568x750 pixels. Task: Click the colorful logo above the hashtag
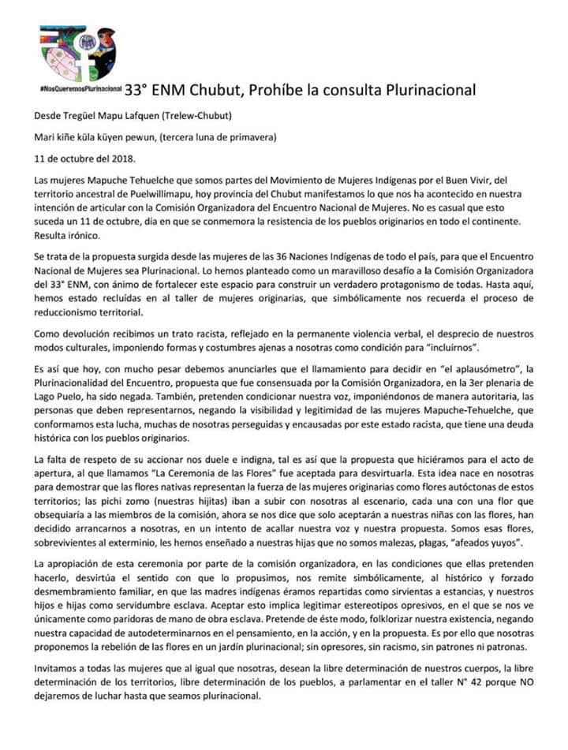click(77, 53)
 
